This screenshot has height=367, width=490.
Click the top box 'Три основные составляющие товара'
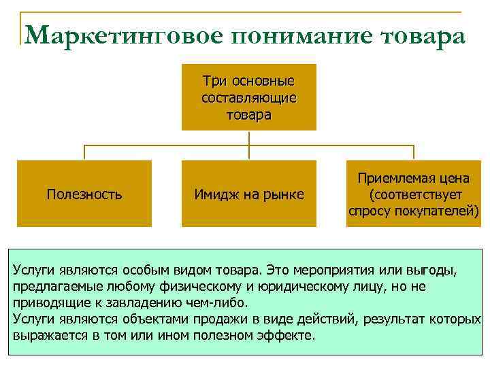tap(248, 97)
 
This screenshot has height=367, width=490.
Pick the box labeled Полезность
tap(84, 194)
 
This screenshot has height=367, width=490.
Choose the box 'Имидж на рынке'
tap(248, 194)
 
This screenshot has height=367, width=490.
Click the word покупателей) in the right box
tap(436, 211)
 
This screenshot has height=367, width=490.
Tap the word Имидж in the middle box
tap(213, 195)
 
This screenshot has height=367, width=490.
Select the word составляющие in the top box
tap(248, 98)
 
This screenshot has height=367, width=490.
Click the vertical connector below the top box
tap(249, 138)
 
